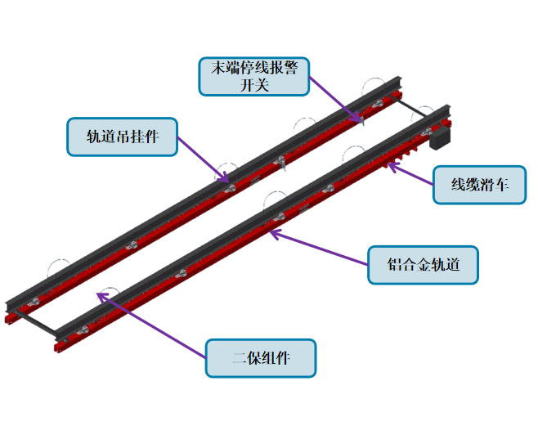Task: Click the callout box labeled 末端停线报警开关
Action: click(253, 75)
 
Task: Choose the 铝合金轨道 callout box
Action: click(423, 264)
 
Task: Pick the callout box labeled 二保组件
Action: click(261, 357)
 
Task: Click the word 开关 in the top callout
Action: click(253, 84)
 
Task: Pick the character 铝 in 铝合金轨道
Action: click(395, 264)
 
